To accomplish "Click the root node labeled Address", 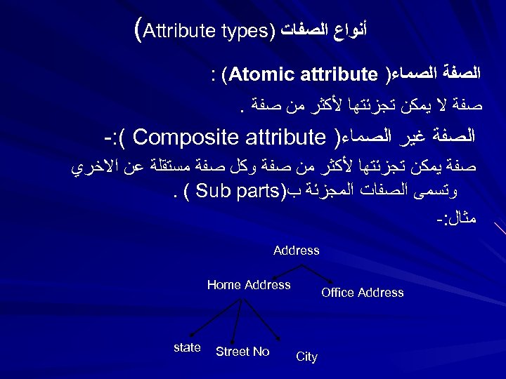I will pyautogui.click(x=296, y=251).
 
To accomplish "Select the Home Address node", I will pyautogui.click(x=249, y=285).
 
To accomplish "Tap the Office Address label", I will pyautogui.click(x=363, y=293).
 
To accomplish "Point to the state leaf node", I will pyautogui.click(x=187, y=347).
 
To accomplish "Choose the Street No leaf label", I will pyautogui.click(x=242, y=352).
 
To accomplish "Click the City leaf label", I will pyautogui.click(x=307, y=357).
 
